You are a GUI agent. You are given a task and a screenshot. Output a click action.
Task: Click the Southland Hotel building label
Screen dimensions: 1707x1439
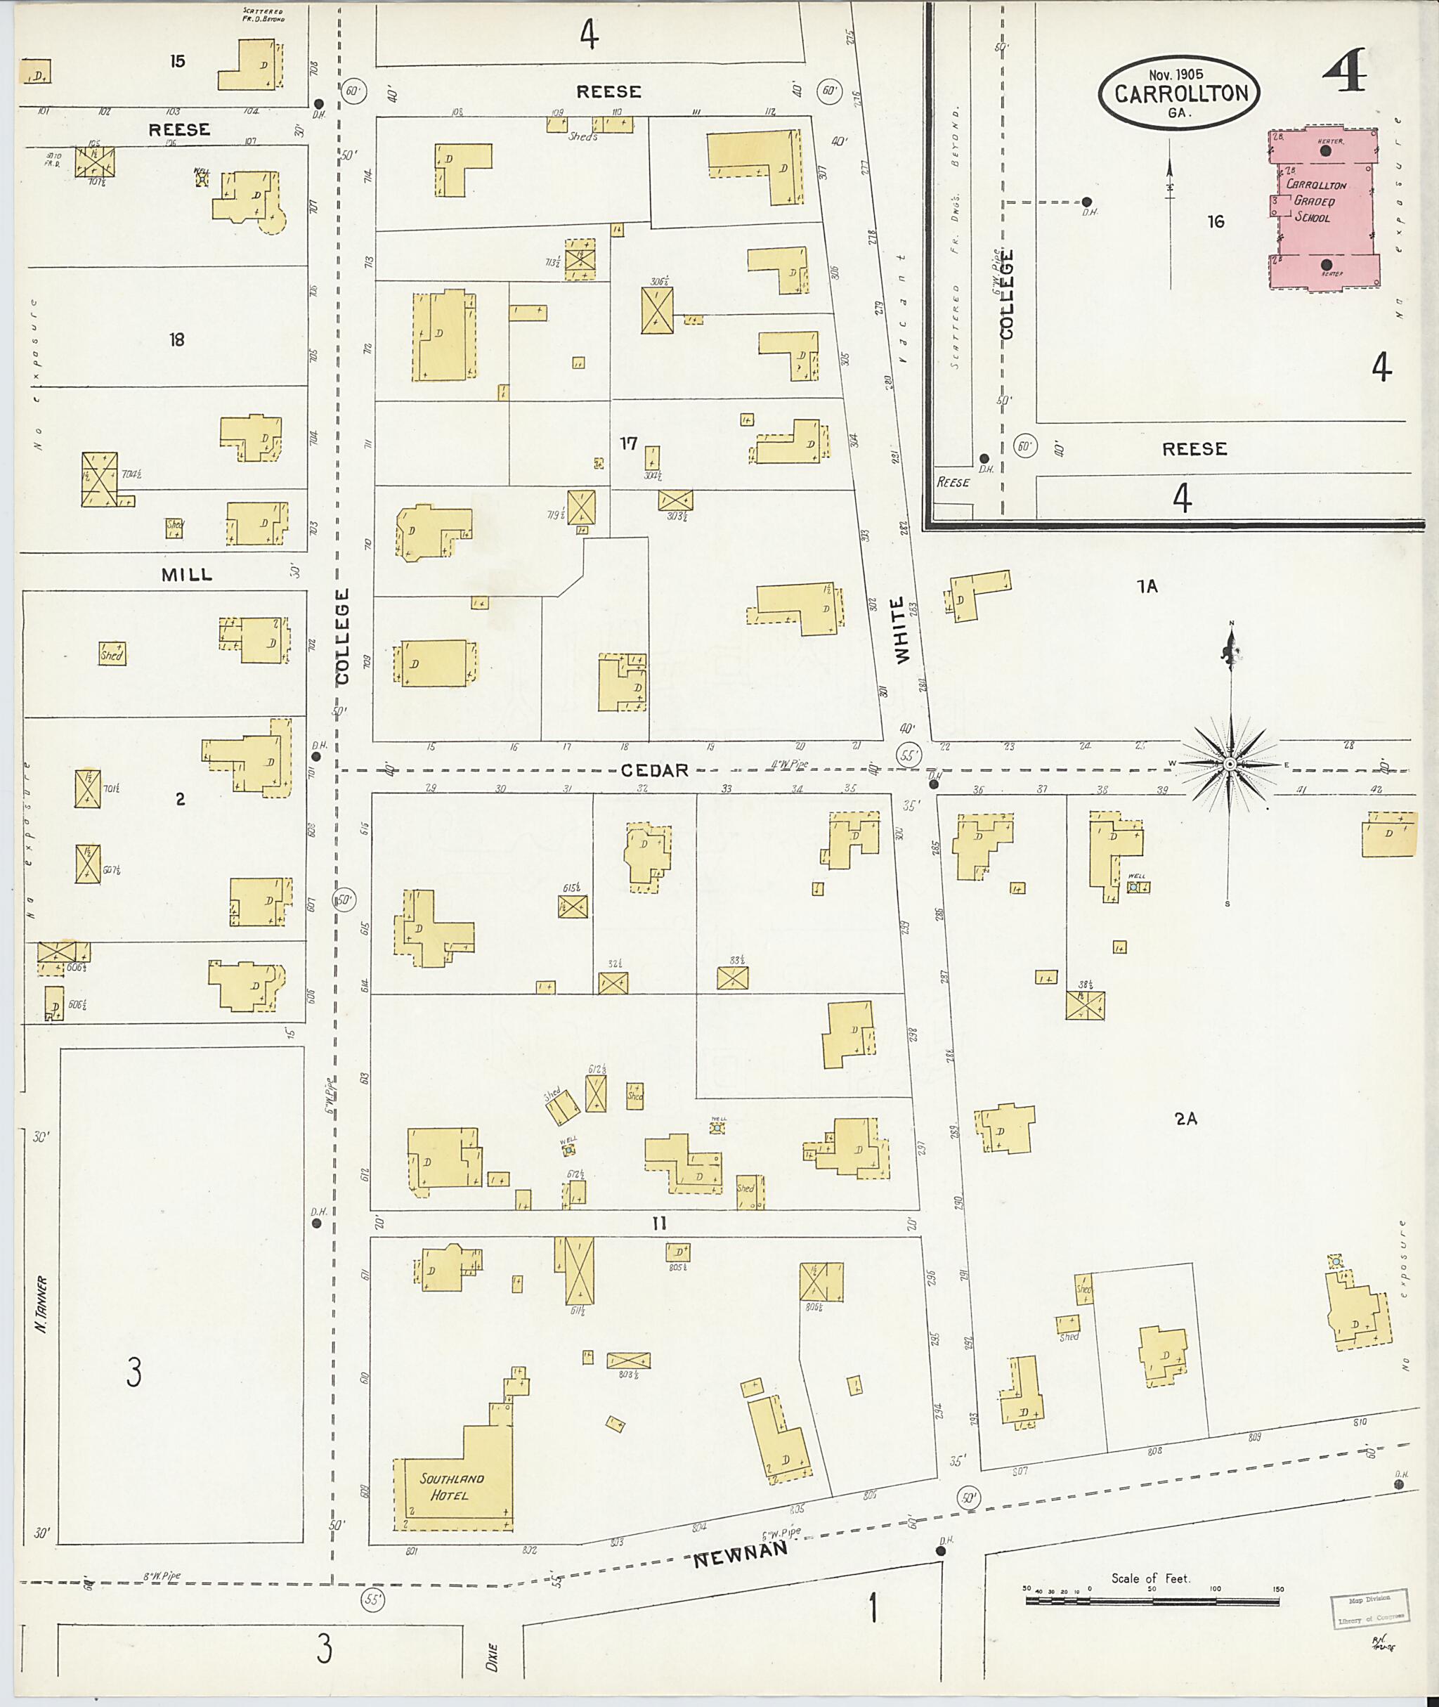click(x=452, y=1487)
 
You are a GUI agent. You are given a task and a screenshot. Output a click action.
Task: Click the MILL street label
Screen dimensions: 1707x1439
click(x=187, y=574)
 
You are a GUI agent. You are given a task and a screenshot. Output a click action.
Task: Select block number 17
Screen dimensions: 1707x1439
click(x=627, y=443)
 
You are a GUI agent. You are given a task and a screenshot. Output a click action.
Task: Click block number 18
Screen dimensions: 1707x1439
click(x=177, y=339)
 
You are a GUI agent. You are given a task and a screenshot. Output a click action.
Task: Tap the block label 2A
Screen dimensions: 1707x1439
click(x=1186, y=1119)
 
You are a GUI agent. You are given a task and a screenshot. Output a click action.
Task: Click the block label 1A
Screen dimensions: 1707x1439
click(x=1147, y=586)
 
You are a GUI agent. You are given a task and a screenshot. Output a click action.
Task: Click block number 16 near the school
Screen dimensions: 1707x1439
click(x=1216, y=221)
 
